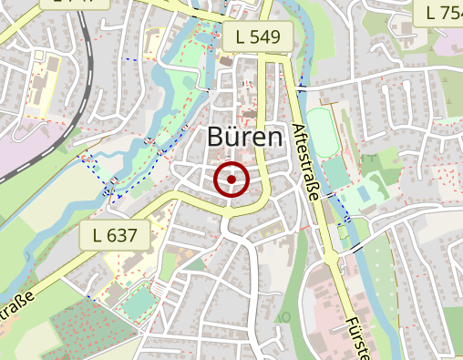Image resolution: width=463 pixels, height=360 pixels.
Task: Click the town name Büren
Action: click(x=246, y=139)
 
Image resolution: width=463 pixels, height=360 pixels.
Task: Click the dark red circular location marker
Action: click(x=231, y=180)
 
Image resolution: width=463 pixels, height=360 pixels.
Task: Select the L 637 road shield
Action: click(x=119, y=235)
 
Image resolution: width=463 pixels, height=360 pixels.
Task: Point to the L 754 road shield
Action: click(x=442, y=12)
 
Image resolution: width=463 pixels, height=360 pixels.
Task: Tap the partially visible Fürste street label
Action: click(x=357, y=338)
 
